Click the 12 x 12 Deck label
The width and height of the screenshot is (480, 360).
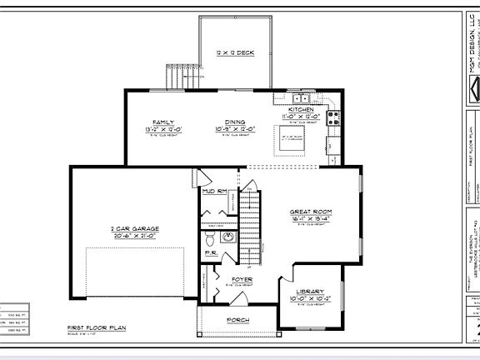coord(235,52)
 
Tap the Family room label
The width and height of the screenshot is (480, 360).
coord(162,122)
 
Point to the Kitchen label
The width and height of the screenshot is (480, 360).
coord(301,109)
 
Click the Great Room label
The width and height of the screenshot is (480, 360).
coord(311,212)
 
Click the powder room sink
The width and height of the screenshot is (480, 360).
coord(228,237)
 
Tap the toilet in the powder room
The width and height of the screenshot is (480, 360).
coord(208,237)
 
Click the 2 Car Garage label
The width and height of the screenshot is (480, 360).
coord(133,228)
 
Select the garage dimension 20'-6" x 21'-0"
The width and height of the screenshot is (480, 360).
coord(133,236)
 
